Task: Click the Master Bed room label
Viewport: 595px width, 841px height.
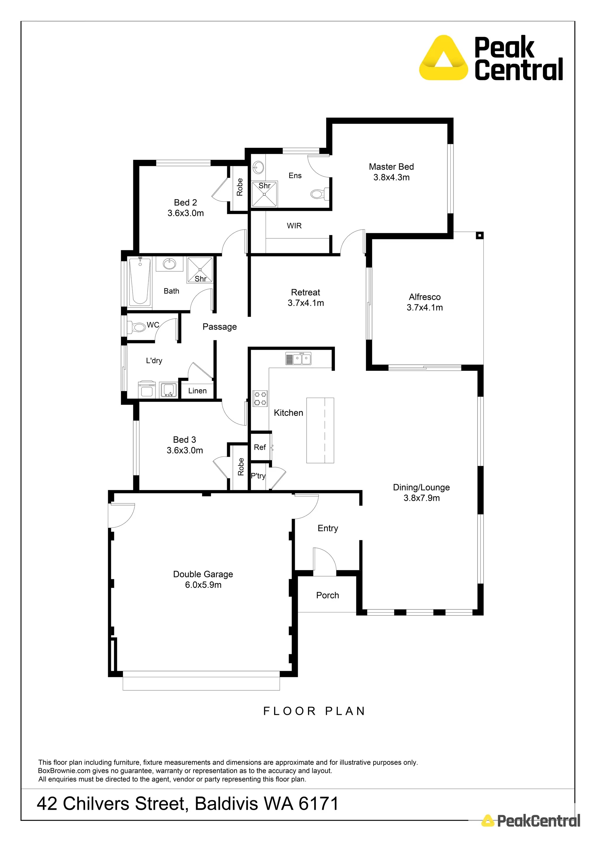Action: (x=391, y=167)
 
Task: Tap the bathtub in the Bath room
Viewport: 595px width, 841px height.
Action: (x=140, y=281)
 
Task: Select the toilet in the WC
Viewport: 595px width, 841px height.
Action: (x=137, y=327)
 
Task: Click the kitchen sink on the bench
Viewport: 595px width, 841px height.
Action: (x=298, y=359)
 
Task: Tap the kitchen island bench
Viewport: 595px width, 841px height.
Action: (x=320, y=430)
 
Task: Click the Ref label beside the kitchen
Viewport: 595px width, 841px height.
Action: (x=260, y=447)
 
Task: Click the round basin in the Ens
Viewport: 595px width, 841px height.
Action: (x=258, y=167)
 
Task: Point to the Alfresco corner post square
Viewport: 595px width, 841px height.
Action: (x=480, y=236)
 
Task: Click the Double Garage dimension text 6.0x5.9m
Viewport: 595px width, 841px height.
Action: (x=203, y=585)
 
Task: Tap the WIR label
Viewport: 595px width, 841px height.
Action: (x=294, y=226)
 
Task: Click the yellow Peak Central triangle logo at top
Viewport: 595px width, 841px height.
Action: (x=444, y=59)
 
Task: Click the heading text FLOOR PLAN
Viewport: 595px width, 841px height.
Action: (x=314, y=711)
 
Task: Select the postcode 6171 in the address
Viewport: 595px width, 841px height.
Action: (x=318, y=804)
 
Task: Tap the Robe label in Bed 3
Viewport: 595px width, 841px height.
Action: (x=241, y=467)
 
